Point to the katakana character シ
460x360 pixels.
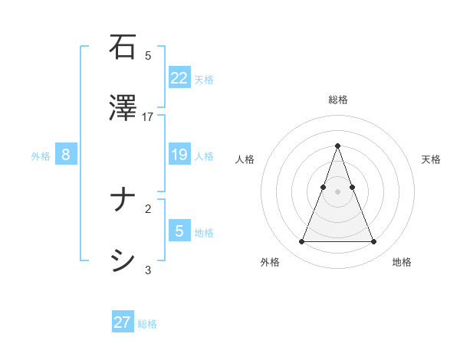tap(123, 261)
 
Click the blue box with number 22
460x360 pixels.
tap(179, 78)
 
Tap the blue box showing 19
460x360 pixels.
tap(179, 155)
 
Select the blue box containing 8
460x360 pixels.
tap(66, 155)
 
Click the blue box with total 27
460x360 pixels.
tap(123, 322)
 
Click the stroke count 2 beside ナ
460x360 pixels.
tap(148, 208)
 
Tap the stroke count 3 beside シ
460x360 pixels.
tap(148, 270)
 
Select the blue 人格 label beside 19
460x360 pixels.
tap(204, 156)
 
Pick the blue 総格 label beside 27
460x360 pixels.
tap(147, 324)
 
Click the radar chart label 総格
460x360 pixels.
tap(337, 100)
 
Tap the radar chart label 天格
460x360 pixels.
tap(431, 159)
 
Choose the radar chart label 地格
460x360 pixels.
tap(402, 262)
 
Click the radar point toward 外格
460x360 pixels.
tap(301, 242)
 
